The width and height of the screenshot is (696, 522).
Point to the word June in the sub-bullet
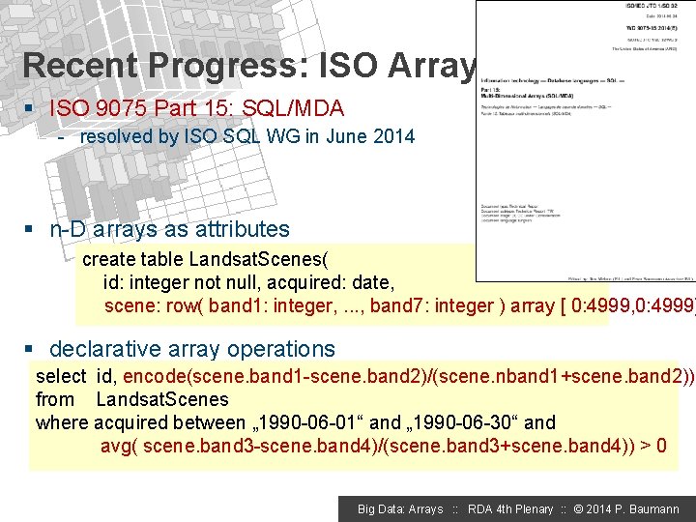click(347, 136)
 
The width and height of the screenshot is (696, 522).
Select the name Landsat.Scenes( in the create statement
click(258, 259)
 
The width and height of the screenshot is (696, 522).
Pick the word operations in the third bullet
click(281, 349)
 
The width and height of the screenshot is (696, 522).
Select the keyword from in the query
click(54, 399)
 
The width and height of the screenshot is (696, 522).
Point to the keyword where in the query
click(61, 422)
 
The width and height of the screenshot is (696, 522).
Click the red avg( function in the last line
click(121, 446)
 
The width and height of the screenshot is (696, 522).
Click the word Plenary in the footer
click(531, 509)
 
